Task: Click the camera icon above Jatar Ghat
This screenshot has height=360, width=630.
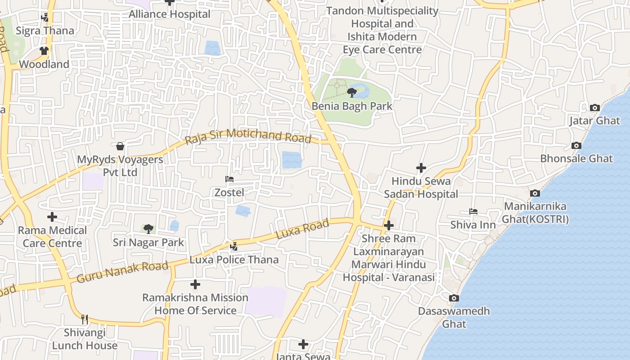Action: coord(595,108)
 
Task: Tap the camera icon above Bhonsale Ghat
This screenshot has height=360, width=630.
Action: coord(576,146)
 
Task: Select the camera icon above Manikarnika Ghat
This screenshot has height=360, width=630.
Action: coord(535,193)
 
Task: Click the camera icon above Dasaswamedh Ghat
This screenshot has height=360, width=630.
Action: coord(454,298)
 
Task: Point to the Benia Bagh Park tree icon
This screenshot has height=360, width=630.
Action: coord(352,93)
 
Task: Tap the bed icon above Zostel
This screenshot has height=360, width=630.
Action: coord(229,180)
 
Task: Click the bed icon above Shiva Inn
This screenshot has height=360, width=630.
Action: coord(473,211)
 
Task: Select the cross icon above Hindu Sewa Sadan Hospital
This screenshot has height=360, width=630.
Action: coord(421,168)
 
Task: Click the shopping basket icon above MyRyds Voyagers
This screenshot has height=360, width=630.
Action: coord(120,146)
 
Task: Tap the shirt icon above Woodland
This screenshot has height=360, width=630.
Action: coord(44,51)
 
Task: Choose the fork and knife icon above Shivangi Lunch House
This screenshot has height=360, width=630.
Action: coord(85,319)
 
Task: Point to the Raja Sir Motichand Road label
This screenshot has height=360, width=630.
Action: coord(248,136)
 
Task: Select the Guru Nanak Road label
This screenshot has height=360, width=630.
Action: coord(122,272)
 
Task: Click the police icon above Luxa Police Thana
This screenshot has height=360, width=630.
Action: coord(234,247)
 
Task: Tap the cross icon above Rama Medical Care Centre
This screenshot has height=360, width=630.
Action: coord(52,217)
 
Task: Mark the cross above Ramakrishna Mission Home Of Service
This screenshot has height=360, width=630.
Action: coord(195,284)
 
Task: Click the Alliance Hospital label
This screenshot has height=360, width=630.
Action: coord(170,14)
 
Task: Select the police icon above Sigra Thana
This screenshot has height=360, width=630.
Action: coord(45,18)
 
